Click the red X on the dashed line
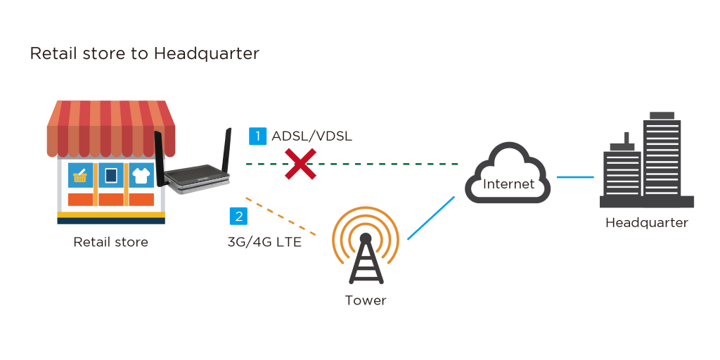point(300,163)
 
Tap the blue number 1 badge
point(257,136)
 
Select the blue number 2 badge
point(238,217)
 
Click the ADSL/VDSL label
point(311,136)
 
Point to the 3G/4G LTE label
point(264,242)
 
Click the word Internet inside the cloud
point(509,184)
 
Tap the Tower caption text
point(366,301)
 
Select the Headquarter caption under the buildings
point(647,223)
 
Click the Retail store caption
point(110,242)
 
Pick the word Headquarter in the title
point(207,53)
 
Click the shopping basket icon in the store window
point(80,176)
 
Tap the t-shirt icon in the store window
point(141,175)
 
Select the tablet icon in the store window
point(110,175)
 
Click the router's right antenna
point(226,150)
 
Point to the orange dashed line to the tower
point(281,217)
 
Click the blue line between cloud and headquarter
point(575,176)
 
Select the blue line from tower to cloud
point(431,218)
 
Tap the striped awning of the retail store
point(111,129)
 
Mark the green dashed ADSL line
point(352,163)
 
